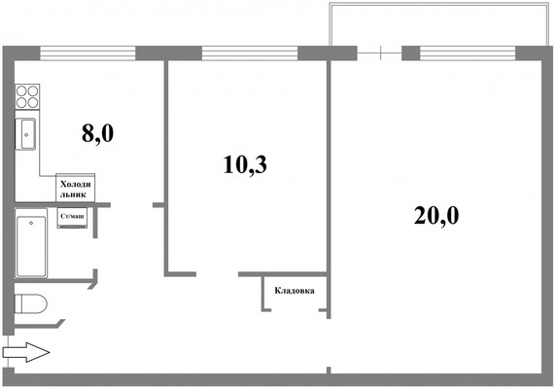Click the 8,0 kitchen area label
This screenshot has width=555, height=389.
pos(98,134)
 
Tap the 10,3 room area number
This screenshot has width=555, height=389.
pos(245,165)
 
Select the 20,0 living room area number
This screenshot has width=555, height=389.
pos(436,216)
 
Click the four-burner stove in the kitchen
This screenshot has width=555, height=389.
pos(27,96)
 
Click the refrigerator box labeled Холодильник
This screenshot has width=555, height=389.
pos(76,188)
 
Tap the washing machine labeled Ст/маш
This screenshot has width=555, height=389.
pos(72,218)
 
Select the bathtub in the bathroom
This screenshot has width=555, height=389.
pos(31,243)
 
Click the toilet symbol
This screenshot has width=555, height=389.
pos(31,304)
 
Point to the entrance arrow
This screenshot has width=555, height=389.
pos(26,352)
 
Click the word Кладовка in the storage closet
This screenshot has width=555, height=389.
pos(295,291)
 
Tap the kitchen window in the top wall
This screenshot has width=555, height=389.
pos(87,53)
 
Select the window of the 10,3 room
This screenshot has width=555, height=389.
pos(250,53)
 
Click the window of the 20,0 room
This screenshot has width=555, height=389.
pos(468,53)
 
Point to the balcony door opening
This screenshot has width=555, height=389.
pos(379,53)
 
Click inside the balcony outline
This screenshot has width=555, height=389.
pos(439,25)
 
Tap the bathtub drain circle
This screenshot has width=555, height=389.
pos(31,223)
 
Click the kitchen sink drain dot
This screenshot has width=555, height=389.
pos(26,134)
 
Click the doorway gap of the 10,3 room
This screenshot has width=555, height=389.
pos(218,274)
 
